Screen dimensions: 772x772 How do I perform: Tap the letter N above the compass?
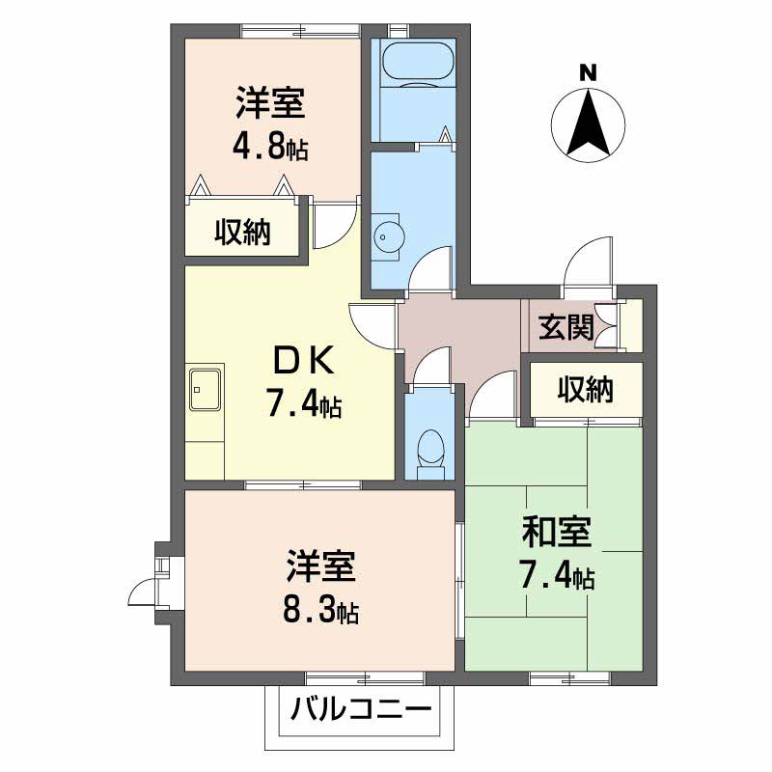tap(588, 72)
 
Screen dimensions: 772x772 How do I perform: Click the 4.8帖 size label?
tap(269, 148)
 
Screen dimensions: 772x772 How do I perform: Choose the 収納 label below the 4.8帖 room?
tap(242, 233)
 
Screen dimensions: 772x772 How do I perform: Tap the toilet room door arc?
tap(430, 366)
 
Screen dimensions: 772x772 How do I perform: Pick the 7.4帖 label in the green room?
tap(557, 576)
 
